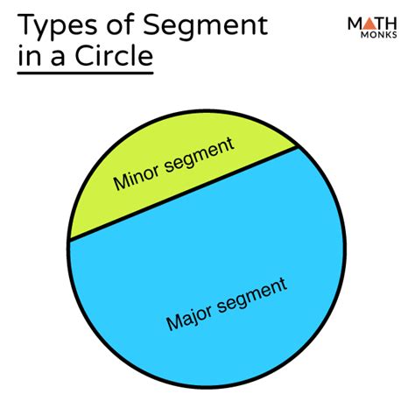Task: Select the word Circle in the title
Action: [114, 55]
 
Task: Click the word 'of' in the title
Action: [120, 25]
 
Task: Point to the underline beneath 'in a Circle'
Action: [85, 73]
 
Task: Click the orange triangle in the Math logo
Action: [370, 24]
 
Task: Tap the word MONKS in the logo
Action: [379, 35]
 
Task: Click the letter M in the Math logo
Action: [355, 24]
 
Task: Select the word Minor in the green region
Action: [137, 177]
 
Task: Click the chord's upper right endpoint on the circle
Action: [298, 146]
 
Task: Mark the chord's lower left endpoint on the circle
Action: [69, 241]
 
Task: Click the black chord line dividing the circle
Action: [184, 193]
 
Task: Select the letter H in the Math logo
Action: [391, 24]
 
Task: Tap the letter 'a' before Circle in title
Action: [58, 58]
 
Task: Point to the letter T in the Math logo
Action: [381, 24]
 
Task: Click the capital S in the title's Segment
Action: [151, 25]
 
